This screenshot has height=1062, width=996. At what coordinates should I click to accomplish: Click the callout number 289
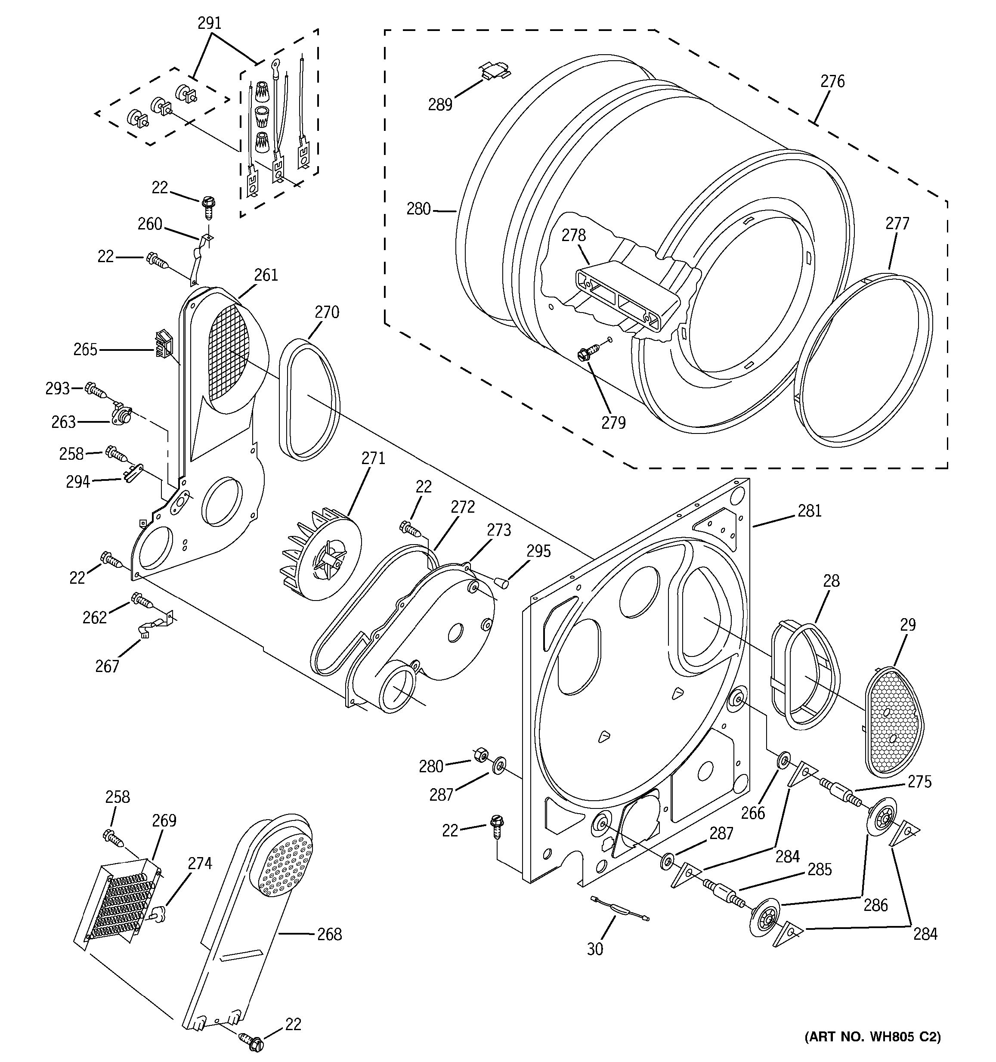tap(439, 104)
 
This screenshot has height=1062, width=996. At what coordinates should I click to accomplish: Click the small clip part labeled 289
tap(495, 69)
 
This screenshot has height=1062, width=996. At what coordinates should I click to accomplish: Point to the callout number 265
tap(86, 350)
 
